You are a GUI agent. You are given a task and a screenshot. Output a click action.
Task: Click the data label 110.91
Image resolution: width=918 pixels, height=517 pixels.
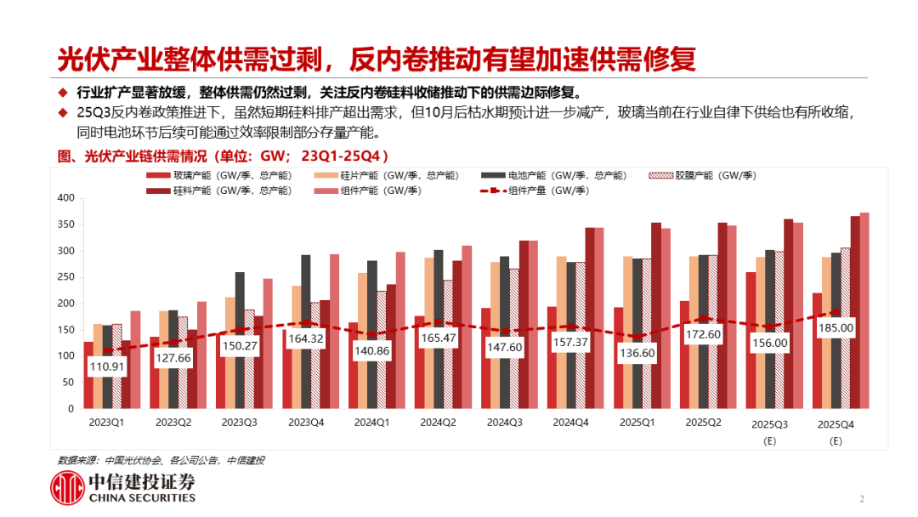pyautogui.click(x=107, y=367)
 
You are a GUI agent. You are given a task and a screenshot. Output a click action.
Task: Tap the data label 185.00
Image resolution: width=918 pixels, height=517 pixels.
pyautogui.click(x=835, y=327)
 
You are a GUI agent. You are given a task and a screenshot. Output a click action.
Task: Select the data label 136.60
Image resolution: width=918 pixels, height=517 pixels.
pyautogui.click(x=636, y=353)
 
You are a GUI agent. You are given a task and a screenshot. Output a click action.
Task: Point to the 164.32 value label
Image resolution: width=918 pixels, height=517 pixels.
pyautogui.click(x=307, y=338)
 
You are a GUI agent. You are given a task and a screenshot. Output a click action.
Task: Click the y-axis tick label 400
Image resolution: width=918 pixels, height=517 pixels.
pyautogui.click(x=66, y=198)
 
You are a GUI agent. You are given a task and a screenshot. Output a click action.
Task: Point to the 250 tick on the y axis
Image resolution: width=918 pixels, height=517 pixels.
pyautogui.click(x=66, y=277)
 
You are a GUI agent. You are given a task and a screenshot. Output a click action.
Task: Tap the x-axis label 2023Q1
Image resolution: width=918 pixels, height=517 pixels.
pyautogui.click(x=107, y=422)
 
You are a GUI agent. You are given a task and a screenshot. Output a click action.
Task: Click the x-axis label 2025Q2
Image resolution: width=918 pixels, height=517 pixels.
pyautogui.click(x=703, y=422)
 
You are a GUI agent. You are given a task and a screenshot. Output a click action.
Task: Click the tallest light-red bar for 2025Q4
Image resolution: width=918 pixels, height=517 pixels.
pyautogui.click(x=864, y=310)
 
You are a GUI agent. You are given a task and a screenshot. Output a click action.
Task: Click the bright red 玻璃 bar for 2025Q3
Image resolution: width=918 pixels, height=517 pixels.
pyautogui.click(x=751, y=340)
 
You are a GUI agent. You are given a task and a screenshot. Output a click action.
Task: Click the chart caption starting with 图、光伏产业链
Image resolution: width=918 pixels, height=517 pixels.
pyautogui.click(x=223, y=156)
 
